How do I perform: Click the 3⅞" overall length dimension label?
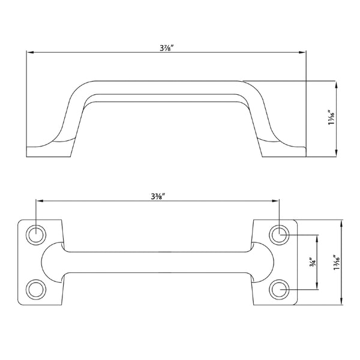pos(166,48)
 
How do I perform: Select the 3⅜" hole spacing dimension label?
pos(158,197)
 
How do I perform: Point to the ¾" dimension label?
pos(313,262)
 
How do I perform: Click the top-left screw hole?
pos(36,235)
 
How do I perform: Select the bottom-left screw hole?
pos(36,289)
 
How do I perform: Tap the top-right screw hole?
pos(279,235)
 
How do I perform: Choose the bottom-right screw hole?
pos(279,289)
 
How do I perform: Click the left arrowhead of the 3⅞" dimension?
pos(31,53)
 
